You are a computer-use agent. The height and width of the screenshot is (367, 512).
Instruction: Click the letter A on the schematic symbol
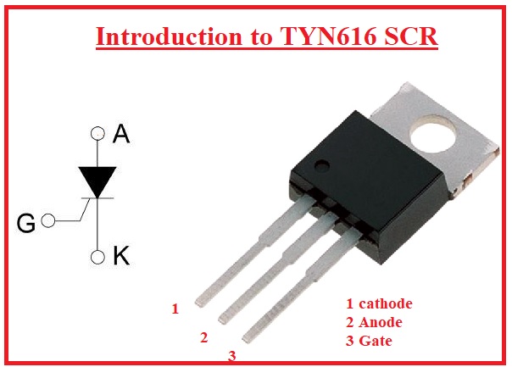click(121, 134)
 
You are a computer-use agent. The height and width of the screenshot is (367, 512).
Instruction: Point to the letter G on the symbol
click(26, 223)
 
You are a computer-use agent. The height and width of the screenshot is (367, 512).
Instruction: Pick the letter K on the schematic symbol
click(121, 256)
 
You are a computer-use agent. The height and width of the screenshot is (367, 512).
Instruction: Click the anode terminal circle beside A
click(98, 134)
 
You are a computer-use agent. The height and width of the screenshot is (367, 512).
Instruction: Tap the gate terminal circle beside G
click(47, 221)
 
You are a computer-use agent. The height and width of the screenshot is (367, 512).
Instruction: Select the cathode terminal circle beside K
click(98, 255)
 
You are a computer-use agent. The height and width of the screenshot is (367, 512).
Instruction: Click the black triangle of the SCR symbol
click(98, 181)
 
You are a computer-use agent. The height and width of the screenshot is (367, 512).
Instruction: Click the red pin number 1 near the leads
click(175, 309)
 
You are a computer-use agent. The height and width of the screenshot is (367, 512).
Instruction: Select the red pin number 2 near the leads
click(203, 337)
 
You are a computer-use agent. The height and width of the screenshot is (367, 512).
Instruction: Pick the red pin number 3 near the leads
click(231, 357)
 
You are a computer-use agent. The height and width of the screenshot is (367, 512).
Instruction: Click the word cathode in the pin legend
click(386, 303)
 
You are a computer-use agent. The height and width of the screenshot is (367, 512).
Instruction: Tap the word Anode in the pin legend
click(380, 322)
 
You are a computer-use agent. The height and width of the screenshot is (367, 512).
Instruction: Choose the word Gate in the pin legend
click(376, 341)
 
